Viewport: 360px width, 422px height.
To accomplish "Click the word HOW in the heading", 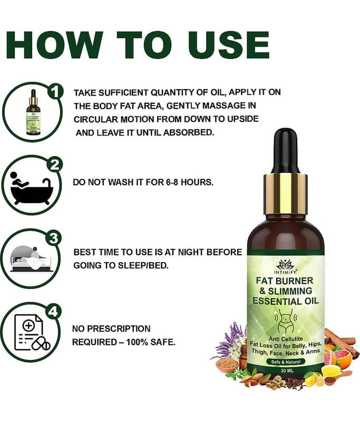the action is [54, 45].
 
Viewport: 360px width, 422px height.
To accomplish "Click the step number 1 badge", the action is [55, 92].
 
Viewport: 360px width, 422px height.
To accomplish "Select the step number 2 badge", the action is [55, 165].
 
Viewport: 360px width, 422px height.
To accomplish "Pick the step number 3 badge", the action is [54, 238].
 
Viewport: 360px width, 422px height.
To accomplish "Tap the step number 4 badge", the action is [54, 312].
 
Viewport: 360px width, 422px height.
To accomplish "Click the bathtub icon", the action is [31, 188].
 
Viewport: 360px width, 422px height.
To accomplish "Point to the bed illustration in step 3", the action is [31, 258].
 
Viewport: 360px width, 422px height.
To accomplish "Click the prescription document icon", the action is [32, 333].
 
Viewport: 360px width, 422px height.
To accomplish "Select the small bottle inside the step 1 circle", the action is [33, 112].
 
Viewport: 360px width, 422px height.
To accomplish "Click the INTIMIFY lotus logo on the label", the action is [285, 266].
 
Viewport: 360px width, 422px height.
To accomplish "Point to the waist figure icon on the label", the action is [285, 320].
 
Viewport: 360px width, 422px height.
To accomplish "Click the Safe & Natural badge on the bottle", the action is [286, 362].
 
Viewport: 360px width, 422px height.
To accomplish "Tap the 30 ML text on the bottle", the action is [287, 371].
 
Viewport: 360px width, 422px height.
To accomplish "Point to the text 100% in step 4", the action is [137, 342].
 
